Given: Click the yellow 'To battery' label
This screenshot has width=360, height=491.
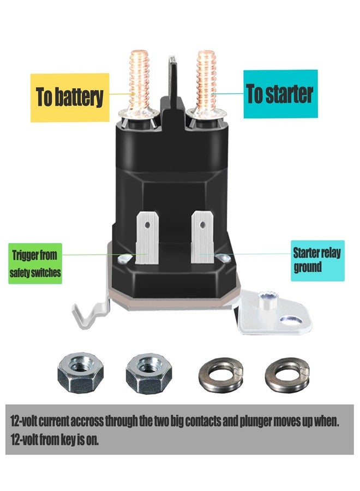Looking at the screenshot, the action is point(70,98).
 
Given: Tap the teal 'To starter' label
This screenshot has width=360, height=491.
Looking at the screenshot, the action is point(280,94).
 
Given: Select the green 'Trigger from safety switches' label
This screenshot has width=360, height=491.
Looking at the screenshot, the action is point(35,264).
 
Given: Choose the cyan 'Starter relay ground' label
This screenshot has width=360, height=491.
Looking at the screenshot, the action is point(317,261).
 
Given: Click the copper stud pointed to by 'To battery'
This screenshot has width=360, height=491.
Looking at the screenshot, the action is point(139,83).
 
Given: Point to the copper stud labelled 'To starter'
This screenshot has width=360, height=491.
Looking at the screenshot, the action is point(206,83).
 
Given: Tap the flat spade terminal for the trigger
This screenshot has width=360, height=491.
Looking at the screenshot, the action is point(147,237).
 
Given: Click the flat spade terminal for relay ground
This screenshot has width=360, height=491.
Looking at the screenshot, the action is point(202,236).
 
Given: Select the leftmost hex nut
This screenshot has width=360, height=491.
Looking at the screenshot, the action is point(80,373).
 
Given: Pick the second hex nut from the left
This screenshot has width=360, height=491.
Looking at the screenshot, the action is point(149,373).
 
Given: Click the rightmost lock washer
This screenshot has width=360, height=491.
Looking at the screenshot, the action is point(287,374).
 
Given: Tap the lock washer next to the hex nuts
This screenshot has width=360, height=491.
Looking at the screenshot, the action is point(221,374).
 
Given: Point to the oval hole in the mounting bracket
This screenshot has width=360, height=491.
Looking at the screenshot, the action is point(291,320).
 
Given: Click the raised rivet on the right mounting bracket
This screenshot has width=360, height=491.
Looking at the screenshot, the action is point(266,298).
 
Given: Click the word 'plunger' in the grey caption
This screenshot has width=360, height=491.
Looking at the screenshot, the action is point(256,421).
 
